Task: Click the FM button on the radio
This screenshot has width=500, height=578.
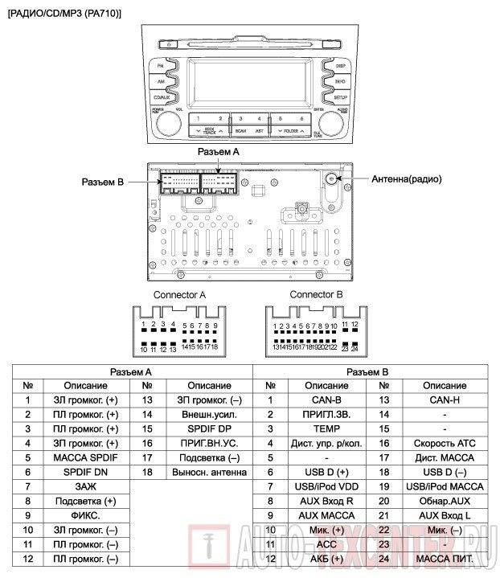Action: pos(162,65)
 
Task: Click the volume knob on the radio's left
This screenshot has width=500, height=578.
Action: pos(170,122)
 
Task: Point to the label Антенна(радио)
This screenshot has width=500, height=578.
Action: pos(406,180)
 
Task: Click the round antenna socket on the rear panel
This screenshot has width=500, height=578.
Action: pos(331,179)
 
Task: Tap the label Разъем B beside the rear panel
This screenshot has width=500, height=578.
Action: pos(102,182)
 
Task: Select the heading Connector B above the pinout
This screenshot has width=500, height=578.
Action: pos(316,294)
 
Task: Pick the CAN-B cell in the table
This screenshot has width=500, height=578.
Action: pos(326,399)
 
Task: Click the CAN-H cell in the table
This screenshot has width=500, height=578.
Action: pos(444,399)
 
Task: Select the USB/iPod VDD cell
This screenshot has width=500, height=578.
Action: pos(326,486)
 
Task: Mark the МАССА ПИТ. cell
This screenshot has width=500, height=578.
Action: pos(444,558)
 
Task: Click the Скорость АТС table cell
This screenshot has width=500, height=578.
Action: pos(444,442)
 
